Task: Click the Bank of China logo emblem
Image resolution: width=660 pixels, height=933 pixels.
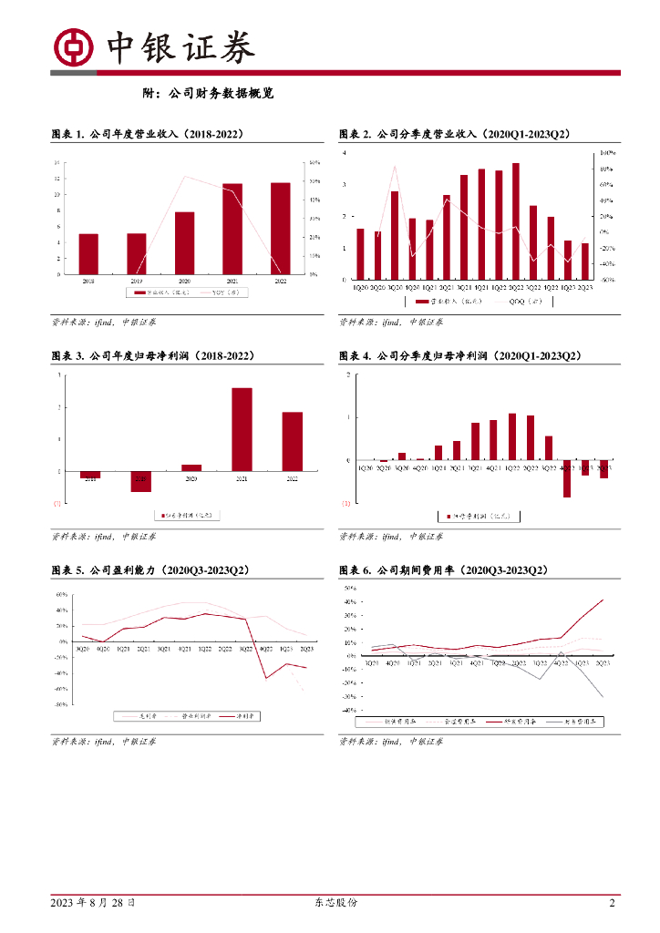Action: tap(74, 47)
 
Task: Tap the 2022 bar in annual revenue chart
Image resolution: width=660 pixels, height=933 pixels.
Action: tap(281, 228)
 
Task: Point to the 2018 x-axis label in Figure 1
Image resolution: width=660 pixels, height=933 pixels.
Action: tap(88, 282)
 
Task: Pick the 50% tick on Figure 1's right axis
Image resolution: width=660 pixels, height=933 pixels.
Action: tap(314, 162)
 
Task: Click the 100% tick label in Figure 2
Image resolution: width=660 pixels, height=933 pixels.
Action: tap(604, 153)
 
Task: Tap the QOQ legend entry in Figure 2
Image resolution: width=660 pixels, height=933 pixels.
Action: tap(520, 300)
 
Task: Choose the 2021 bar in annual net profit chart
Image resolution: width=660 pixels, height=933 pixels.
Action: tap(242, 429)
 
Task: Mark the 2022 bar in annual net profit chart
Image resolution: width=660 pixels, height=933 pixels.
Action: tap(292, 441)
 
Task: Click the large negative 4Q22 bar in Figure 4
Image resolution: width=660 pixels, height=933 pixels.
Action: tap(566, 478)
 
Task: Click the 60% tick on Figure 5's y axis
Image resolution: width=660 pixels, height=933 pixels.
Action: tap(63, 594)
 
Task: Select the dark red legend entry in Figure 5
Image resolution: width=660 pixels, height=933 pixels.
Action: tap(240, 716)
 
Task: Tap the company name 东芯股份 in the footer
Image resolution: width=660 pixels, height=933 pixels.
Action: tap(330, 903)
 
